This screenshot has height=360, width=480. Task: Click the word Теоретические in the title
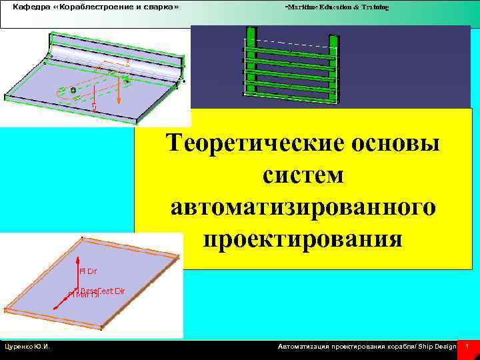253,143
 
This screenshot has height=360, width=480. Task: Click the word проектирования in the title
303,238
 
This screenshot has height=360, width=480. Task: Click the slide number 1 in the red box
468,347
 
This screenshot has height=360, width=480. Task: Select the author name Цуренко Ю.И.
30,347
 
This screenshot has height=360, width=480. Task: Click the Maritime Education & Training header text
337,7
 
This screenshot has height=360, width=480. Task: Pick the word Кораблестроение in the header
94,7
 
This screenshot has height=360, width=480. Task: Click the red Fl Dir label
88,271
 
